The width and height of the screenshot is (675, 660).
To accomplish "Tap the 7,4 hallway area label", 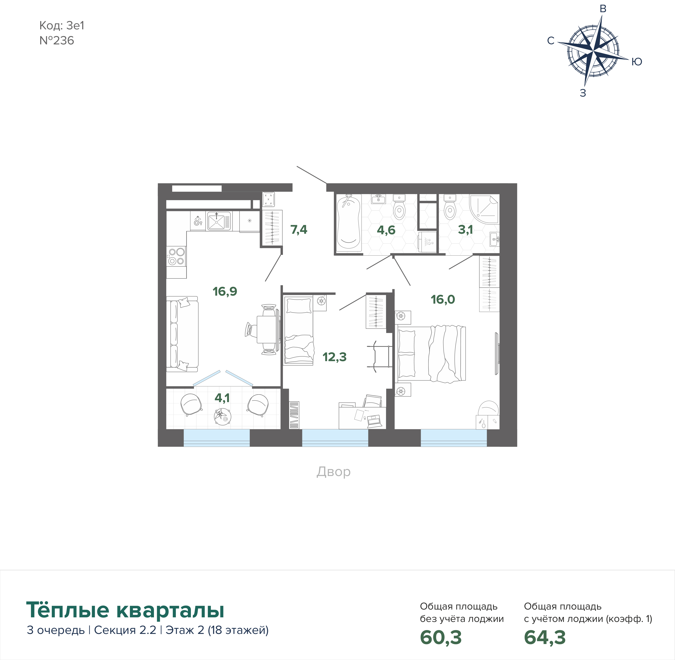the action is tap(299, 230).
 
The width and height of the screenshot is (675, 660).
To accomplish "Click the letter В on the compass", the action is tap(603, 9).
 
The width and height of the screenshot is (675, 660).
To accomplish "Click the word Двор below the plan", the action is tap(334, 472).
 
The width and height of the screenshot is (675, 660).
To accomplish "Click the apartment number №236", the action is tap(57, 41).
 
